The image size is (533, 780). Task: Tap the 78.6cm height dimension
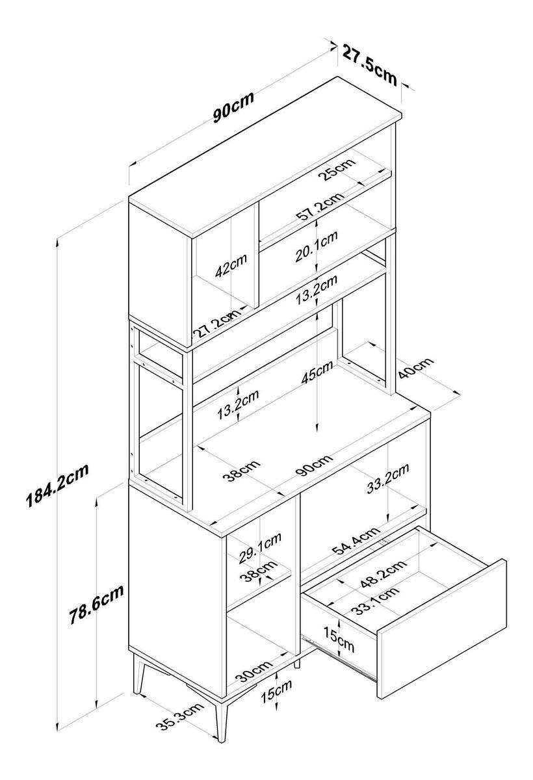97,604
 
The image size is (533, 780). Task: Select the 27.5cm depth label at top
370,64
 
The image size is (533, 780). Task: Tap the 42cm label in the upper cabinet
231,268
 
